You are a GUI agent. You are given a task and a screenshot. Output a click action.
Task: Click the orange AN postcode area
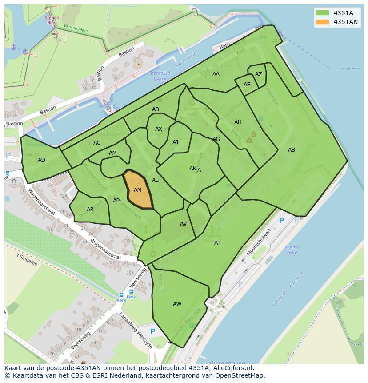[x=138, y=190]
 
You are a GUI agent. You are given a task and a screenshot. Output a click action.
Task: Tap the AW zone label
[x=177, y=304]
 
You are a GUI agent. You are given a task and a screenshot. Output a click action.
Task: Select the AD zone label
[x=41, y=160]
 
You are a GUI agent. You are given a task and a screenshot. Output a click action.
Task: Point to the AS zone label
[x=291, y=150]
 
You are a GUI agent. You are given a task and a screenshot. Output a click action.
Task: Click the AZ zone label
[x=258, y=74]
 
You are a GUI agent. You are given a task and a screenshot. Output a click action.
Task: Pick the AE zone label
[x=247, y=85]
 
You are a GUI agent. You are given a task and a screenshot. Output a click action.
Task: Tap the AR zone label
[x=90, y=210]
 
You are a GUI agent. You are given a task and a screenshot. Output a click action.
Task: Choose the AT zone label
[x=217, y=243]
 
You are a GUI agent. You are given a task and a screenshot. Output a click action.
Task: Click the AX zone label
[x=159, y=129]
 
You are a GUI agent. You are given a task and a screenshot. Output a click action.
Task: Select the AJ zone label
[x=175, y=142]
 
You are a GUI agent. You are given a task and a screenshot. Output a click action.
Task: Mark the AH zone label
[x=238, y=122]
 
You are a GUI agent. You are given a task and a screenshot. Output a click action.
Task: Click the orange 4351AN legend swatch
[x=323, y=22]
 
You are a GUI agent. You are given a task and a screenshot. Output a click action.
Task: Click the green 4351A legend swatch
[x=323, y=12]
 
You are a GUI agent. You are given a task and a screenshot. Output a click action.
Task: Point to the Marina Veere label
[x=292, y=250]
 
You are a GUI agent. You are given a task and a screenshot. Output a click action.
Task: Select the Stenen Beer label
[x=52, y=20]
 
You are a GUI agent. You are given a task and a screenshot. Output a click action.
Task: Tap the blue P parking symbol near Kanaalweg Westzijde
[x=153, y=331]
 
